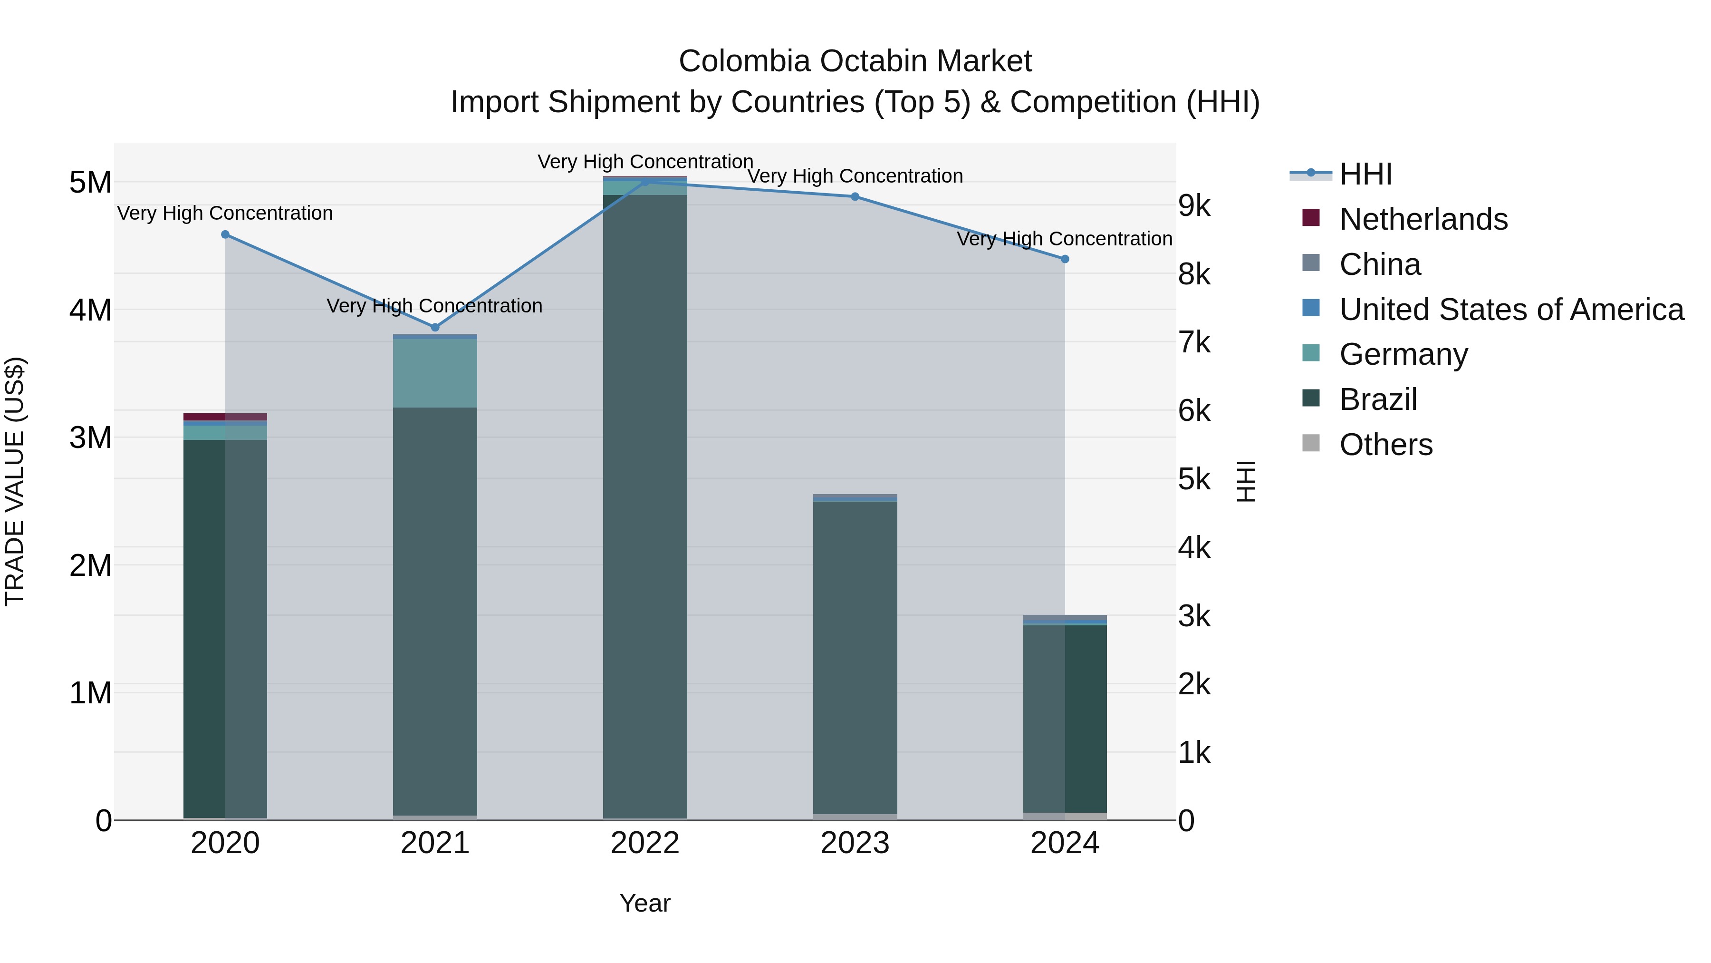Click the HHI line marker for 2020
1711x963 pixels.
pyautogui.click(x=225, y=234)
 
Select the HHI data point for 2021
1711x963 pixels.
pyautogui.click(x=435, y=328)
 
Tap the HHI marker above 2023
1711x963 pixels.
pyautogui.click(x=855, y=197)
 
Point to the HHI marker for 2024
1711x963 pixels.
pyautogui.click(x=1065, y=259)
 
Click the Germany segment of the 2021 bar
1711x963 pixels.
pyautogui.click(x=435, y=373)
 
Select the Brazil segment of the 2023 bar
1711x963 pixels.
pyautogui.click(x=855, y=658)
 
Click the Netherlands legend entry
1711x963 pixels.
pyautogui.click(x=1423, y=219)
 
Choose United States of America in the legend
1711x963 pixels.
pyautogui.click(x=1511, y=310)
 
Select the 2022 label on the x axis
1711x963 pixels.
pyautogui.click(x=645, y=843)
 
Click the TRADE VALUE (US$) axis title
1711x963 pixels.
pyautogui.click(x=15, y=481)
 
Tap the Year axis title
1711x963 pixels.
pyautogui.click(x=645, y=903)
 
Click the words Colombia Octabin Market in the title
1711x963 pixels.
pyautogui.click(x=855, y=61)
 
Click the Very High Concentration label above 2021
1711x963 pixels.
pyautogui.click(x=434, y=306)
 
